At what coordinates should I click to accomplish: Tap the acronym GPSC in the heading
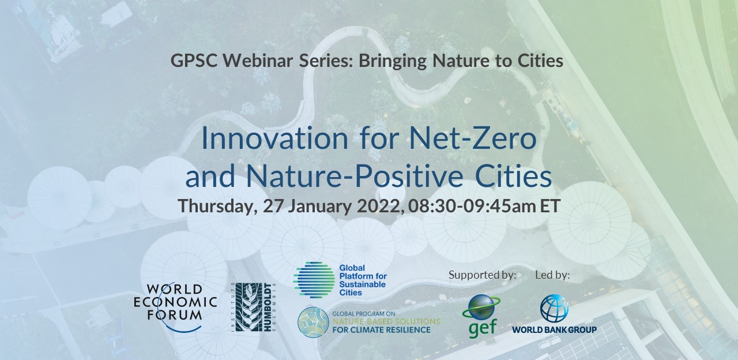(x=194, y=61)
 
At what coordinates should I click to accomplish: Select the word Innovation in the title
(x=274, y=138)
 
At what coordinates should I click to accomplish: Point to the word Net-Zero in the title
(x=473, y=138)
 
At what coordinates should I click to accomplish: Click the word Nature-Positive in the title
(x=355, y=177)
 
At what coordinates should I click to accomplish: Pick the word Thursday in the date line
(x=217, y=206)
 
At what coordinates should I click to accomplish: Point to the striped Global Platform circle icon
(x=314, y=280)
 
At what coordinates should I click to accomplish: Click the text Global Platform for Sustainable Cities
(x=363, y=280)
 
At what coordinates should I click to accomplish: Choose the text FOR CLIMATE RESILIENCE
(x=381, y=329)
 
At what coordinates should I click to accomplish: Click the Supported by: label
(x=483, y=275)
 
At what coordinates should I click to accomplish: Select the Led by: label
(x=552, y=275)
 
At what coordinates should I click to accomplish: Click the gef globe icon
(x=481, y=307)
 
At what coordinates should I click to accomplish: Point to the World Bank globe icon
(x=554, y=308)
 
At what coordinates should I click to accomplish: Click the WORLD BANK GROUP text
(x=554, y=329)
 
